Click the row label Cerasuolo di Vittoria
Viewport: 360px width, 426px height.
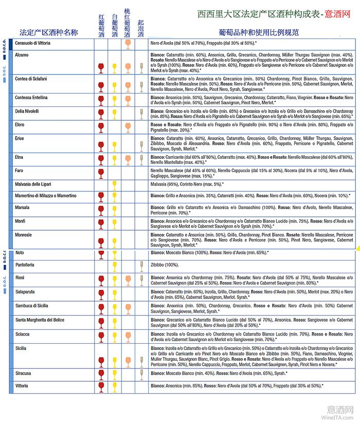33,43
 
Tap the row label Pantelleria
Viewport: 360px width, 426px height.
25,265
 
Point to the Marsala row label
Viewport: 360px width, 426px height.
23,208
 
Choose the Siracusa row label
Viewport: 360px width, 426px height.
24,373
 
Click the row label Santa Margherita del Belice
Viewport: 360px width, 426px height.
40,320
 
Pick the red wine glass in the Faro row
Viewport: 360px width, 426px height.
101,173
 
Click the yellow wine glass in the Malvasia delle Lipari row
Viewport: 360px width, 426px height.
114,185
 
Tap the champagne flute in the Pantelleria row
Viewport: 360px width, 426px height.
141,266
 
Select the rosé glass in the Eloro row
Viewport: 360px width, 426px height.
127,127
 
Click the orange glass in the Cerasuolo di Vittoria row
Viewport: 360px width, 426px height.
127,44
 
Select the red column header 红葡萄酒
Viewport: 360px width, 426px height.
101,25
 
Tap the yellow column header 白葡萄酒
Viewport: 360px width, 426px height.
114,25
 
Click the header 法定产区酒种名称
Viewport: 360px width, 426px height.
48,32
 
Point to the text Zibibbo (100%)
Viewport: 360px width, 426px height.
165,265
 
